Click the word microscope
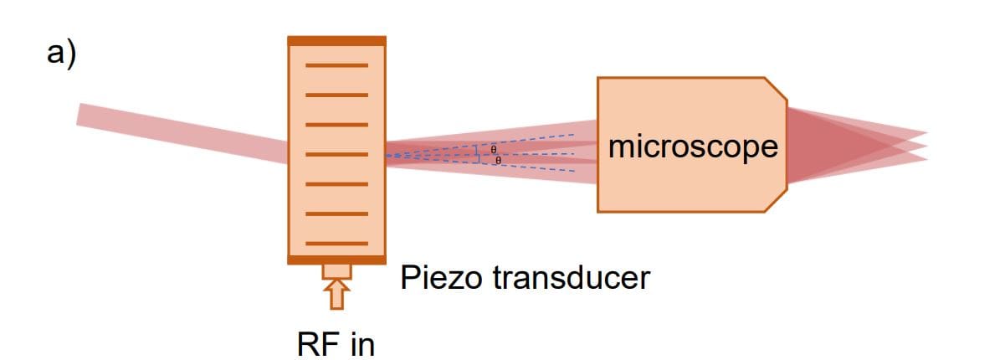pyautogui.click(x=693, y=147)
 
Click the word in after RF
pyautogui.click(x=361, y=344)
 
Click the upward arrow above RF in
pyautogui.click(x=336, y=296)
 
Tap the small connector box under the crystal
pyautogui.click(x=336, y=270)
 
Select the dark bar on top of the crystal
pyautogui.click(x=336, y=40)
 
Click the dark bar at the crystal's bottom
pyautogui.click(x=336, y=259)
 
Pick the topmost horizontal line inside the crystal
pyautogui.click(x=336, y=64)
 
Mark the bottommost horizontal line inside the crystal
pyautogui.click(x=336, y=243)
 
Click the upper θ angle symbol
pyautogui.click(x=495, y=148)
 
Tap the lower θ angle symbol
pyautogui.click(x=497, y=159)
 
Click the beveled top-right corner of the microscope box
pyautogui.click(x=777, y=87)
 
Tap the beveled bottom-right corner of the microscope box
pyautogui.click(x=777, y=202)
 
